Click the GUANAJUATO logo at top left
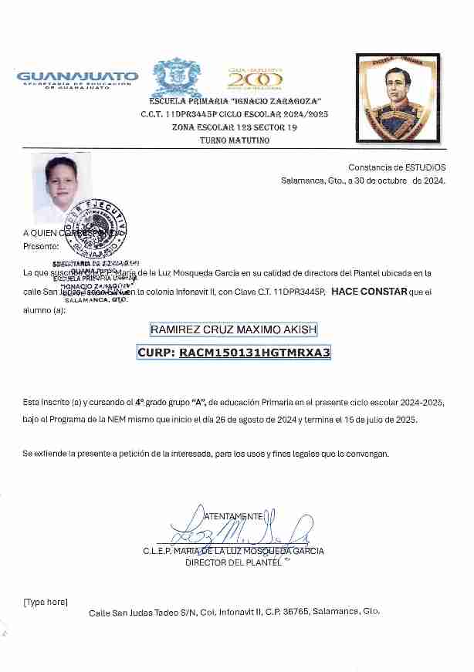click(x=77, y=79)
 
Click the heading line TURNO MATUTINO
click(x=235, y=140)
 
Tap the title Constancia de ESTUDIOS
click(x=397, y=167)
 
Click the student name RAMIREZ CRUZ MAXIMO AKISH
click(x=233, y=330)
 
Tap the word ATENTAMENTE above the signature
click(x=233, y=515)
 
